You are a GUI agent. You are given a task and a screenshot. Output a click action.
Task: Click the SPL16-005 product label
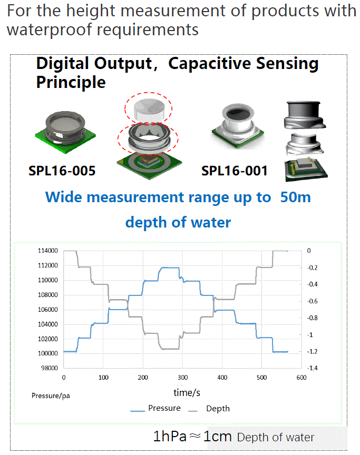pos(62,171)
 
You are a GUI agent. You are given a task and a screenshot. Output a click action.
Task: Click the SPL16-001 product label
pos(235,171)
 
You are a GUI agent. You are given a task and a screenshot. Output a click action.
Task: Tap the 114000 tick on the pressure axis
pos(48,251)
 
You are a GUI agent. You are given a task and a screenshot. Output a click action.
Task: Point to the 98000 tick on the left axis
pos(50,368)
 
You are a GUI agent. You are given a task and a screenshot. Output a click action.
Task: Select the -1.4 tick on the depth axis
pos(313,368)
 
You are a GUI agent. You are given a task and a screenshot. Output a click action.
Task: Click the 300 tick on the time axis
pos(182,377)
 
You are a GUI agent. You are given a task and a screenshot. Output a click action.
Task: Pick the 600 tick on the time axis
pos(301,377)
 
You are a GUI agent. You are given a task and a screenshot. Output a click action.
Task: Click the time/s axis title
pos(187,393)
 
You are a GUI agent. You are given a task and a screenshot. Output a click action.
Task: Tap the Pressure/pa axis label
pos(51,396)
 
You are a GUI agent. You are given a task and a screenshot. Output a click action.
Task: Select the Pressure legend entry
pos(155,408)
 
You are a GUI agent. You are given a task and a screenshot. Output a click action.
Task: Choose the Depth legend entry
pos(209,409)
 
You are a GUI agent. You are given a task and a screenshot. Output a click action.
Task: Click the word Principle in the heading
pos(71,82)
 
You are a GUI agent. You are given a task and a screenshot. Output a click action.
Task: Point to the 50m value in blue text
pos(296,197)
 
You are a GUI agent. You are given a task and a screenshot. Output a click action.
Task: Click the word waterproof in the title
pos(50,30)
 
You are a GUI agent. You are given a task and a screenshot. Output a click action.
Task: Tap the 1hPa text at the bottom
pos(170,436)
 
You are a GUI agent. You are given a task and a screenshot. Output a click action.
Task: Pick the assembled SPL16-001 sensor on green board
pos(238,126)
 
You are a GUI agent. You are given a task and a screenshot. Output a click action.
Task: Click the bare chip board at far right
pos(306,170)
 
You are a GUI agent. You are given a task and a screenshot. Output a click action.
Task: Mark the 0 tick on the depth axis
pos(309,251)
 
